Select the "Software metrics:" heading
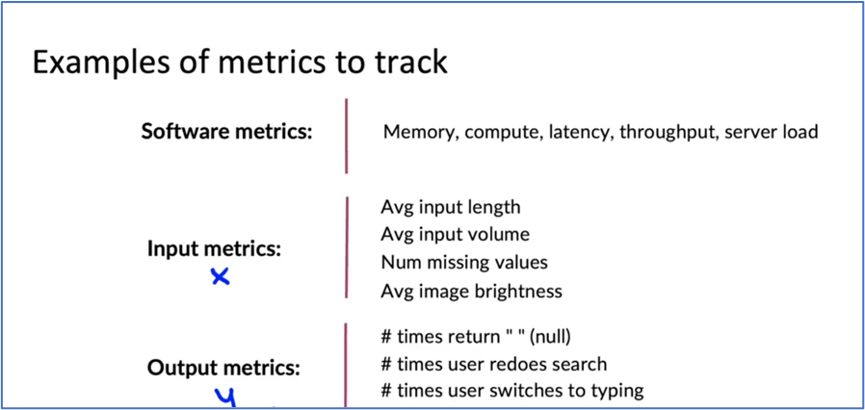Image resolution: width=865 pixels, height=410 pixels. click(x=226, y=132)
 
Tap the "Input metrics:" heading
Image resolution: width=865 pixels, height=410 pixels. click(x=215, y=249)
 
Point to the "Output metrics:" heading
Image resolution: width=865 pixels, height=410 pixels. click(x=223, y=369)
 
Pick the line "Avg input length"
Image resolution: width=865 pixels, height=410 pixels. click(x=451, y=208)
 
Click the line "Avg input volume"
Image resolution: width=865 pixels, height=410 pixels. click(x=455, y=235)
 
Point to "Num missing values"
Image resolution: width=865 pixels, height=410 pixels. click(x=464, y=263)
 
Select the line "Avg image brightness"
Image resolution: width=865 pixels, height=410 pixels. click(x=471, y=291)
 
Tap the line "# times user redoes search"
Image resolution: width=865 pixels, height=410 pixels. click(x=494, y=364)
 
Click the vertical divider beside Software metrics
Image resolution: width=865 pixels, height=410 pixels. click(x=347, y=136)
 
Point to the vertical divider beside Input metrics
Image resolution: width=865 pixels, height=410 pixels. click(x=347, y=247)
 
